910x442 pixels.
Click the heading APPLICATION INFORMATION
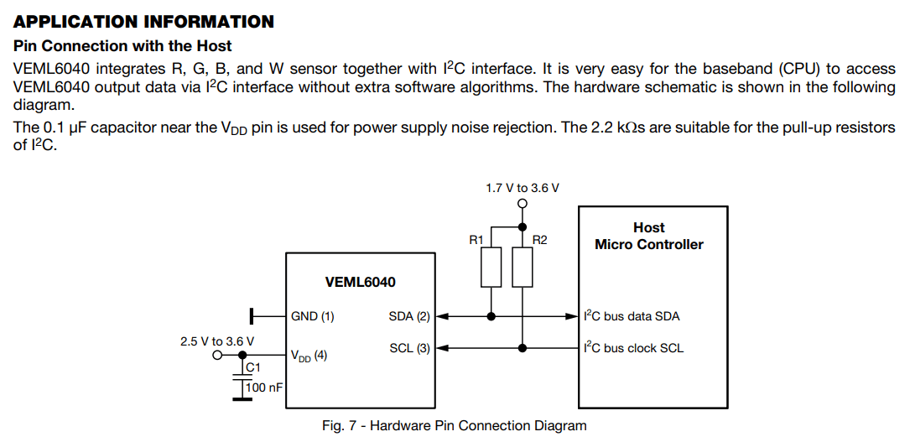coord(143,22)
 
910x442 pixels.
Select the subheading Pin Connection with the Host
coord(122,45)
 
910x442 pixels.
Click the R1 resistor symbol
coord(491,267)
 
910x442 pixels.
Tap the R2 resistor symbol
coord(522,267)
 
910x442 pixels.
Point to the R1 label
coord(476,240)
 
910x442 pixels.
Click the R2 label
coord(539,240)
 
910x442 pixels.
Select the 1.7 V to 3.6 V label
coord(522,188)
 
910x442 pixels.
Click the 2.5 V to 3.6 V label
coord(216,341)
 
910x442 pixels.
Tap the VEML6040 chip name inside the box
coord(360,283)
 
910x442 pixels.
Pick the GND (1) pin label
coord(312,316)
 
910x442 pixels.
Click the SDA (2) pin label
coord(408,316)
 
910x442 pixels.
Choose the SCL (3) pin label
coord(408,348)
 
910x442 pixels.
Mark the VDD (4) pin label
coord(309,356)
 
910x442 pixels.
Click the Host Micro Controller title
coord(648,236)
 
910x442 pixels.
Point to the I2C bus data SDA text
coord(632,316)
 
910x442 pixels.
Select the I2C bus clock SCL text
coord(633,348)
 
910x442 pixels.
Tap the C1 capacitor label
coord(253,367)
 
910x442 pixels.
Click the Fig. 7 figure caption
coord(454,425)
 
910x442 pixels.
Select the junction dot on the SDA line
coord(491,316)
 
